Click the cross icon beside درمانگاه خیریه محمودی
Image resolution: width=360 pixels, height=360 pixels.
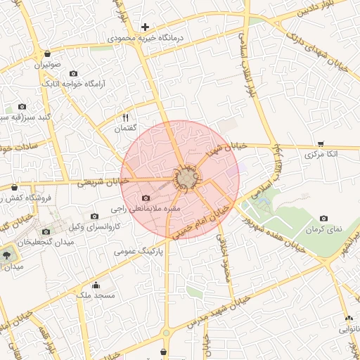[145, 27]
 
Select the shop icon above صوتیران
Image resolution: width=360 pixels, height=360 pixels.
[47, 53]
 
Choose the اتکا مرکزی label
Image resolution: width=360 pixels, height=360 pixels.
[323, 153]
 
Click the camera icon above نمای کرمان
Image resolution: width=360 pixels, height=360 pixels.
[323, 219]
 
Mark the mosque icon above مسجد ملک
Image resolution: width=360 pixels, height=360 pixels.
[96, 285]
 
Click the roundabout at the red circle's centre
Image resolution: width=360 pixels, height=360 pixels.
[186, 179]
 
